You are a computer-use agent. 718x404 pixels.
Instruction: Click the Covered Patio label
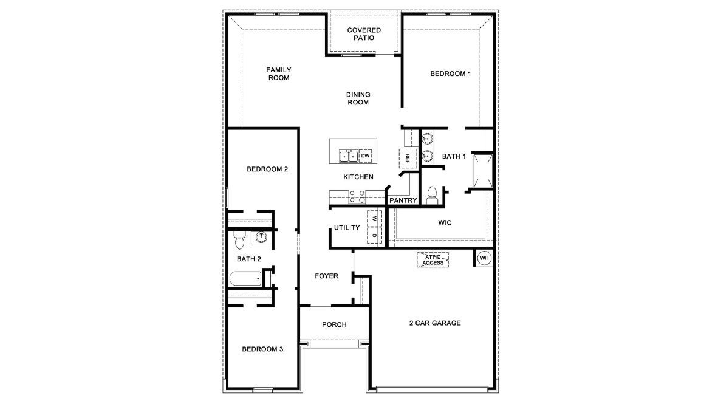[x=364, y=34]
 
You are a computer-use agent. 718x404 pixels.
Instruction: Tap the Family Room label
[x=278, y=74]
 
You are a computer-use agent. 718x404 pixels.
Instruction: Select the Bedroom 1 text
[x=451, y=74]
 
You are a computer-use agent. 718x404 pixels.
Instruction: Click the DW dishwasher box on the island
[x=366, y=156]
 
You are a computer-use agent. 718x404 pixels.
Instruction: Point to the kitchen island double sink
[x=348, y=156]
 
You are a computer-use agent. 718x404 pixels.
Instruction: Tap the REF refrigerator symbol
[x=408, y=158]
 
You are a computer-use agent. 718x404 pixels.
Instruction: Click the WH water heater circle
[x=484, y=258]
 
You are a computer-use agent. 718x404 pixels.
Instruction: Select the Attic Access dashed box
[x=434, y=260]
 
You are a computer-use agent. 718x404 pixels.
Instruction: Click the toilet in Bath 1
[x=433, y=194]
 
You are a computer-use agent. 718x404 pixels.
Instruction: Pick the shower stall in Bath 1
[x=484, y=170]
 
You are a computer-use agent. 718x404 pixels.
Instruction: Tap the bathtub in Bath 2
[x=245, y=279]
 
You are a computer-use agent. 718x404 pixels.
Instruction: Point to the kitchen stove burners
[x=357, y=196]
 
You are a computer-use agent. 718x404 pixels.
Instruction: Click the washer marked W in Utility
[x=375, y=218]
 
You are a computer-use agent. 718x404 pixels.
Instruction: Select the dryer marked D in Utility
[x=375, y=236]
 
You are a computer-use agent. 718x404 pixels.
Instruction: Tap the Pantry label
[x=403, y=200]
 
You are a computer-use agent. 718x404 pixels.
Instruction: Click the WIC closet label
[x=445, y=222]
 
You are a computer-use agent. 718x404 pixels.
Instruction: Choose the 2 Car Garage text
[x=435, y=323]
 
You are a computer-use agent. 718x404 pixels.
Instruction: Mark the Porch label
[x=334, y=324]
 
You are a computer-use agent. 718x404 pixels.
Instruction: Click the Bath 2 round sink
[x=261, y=237]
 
